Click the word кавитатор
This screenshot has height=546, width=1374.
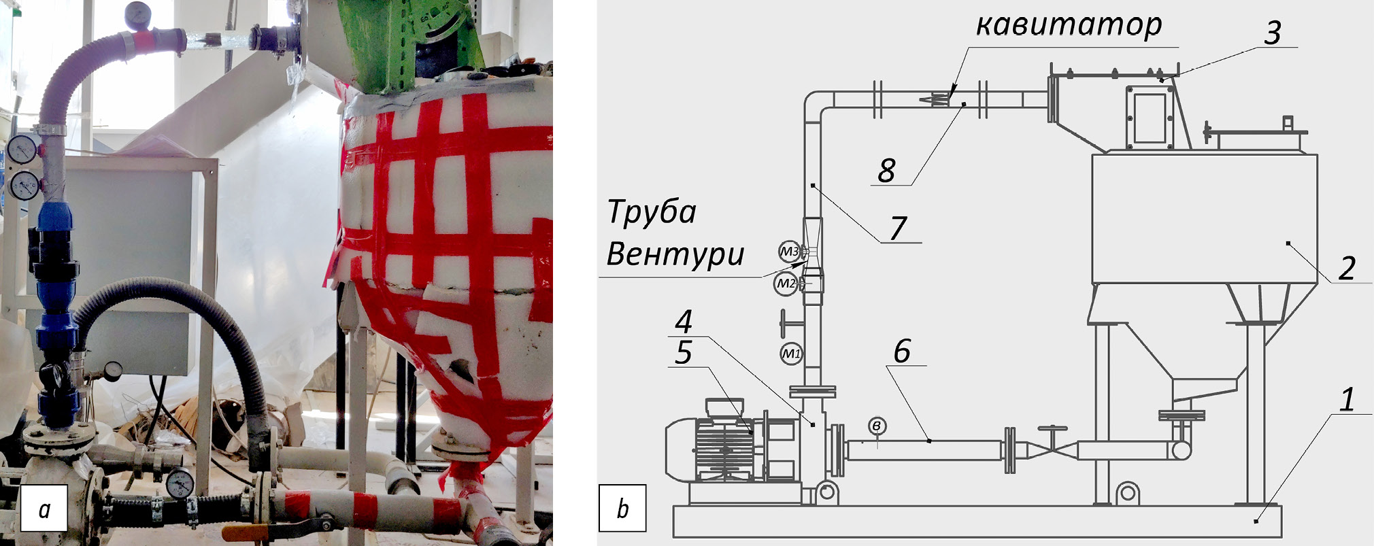[x=1069, y=25]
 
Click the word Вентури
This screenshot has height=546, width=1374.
[x=675, y=254]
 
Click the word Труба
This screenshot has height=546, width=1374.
[x=651, y=212]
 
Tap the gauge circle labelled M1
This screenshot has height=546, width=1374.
[x=790, y=354]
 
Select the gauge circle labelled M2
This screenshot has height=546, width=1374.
[x=786, y=283]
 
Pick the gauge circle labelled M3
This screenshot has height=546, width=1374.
[x=789, y=252]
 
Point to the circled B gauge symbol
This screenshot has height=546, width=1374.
[x=877, y=426]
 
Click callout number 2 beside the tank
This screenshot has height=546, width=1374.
[x=1346, y=268]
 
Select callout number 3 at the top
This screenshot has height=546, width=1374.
[x=1273, y=32]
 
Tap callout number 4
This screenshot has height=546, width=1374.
[x=684, y=321]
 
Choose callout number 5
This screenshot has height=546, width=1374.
[x=684, y=352]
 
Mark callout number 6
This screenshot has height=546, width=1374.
[x=901, y=351]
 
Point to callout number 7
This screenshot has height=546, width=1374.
[x=898, y=228]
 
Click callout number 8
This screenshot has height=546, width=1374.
[x=886, y=170]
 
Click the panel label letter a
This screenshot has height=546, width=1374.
[x=44, y=509]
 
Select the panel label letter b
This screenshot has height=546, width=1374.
[x=622, y=508]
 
